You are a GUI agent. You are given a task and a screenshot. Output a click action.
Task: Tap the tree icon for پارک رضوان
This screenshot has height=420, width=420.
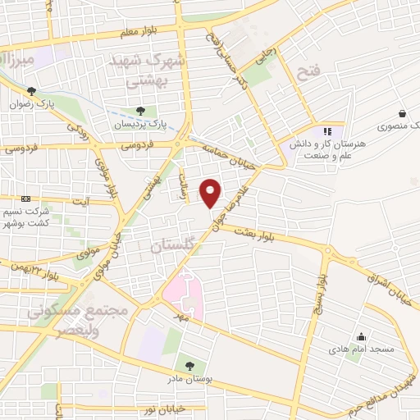[x=31, y=92]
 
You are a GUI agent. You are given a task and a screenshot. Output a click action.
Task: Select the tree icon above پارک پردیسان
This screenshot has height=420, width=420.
[x=140, y=111]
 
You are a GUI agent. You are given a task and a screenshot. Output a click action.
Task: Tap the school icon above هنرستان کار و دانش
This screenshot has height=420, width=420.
[x=327, y=130]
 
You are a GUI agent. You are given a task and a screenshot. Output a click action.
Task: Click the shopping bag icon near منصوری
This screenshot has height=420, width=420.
[x=403, y=114]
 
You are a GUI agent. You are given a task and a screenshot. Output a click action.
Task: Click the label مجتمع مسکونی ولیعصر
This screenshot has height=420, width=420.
[x=79, y=321]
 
